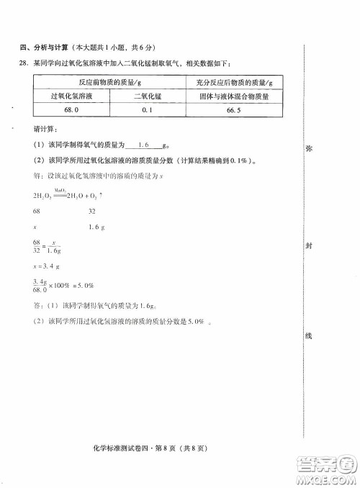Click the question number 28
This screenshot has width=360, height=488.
(26, 63)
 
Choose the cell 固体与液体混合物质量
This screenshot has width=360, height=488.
(233, 96)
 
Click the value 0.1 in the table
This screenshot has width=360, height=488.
(149, 110)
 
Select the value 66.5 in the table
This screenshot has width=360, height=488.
(233, 110)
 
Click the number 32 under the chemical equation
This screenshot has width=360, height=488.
(92, 211)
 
